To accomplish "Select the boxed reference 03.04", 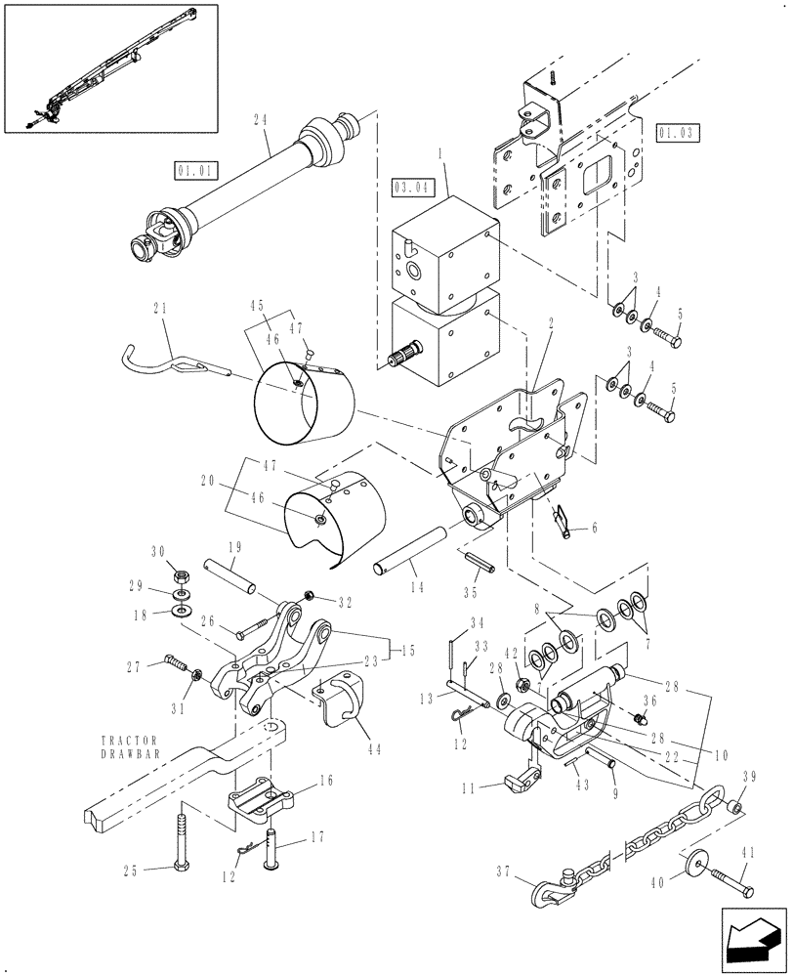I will (411, 184).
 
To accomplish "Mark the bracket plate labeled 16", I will (259, 794).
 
